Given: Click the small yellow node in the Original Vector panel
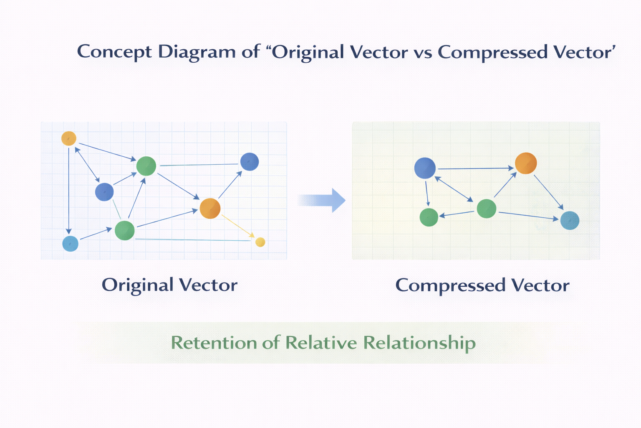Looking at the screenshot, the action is [x=260, y=242].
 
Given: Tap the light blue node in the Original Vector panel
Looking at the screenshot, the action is [x=71, y=244].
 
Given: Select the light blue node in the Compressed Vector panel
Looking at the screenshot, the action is [x=570, y=220].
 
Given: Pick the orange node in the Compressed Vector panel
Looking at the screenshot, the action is [x=526, y=163].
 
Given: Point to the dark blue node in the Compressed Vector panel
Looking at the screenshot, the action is [x=425, y=168].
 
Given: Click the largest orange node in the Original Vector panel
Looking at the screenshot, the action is [x=210, y=209].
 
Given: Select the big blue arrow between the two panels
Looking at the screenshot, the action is [x=321, y=200].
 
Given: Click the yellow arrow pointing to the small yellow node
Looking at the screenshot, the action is [x=238, y=226].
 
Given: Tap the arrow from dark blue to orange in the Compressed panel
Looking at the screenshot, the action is [x=476, y=168].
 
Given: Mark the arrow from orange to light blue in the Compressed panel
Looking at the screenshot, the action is [x=549, y=192].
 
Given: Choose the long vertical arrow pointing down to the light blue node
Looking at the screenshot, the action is [x=68, y=191].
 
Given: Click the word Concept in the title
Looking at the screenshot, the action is [x=114, y=52].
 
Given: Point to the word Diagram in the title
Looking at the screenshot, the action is [x=197, y=52].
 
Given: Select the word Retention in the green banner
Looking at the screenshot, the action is [x=214, y=343].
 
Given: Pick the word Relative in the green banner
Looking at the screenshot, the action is [x=321, y=342].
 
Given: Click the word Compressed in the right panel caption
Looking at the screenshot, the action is [x=450, y=286].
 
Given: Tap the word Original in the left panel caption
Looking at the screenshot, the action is [x=138, y=285].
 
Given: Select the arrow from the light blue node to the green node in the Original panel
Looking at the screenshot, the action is [x=96, y=233].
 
